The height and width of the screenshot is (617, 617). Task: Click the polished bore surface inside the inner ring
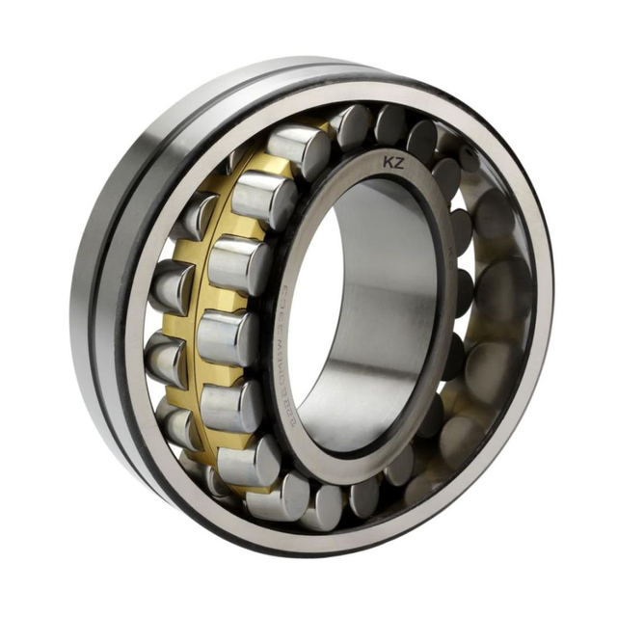tap(386, 318)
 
